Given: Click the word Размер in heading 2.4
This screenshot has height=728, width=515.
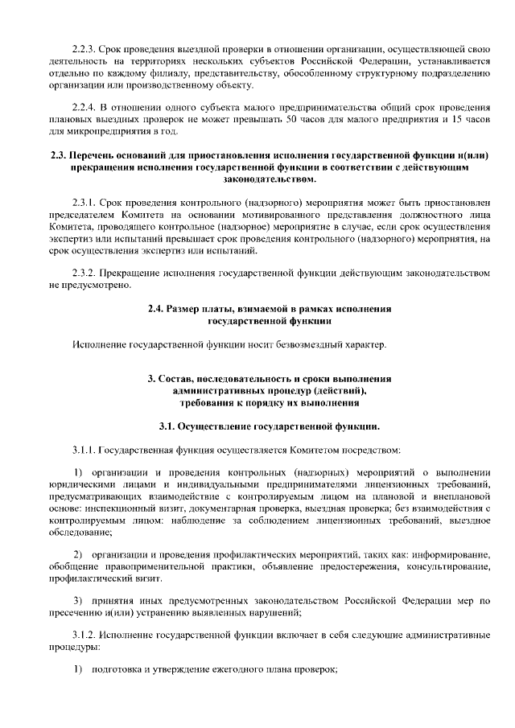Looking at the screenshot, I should click(187, 309).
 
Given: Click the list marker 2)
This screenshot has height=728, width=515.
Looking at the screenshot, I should click(78, 555).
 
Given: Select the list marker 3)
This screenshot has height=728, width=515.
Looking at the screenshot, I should click(78, 601).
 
